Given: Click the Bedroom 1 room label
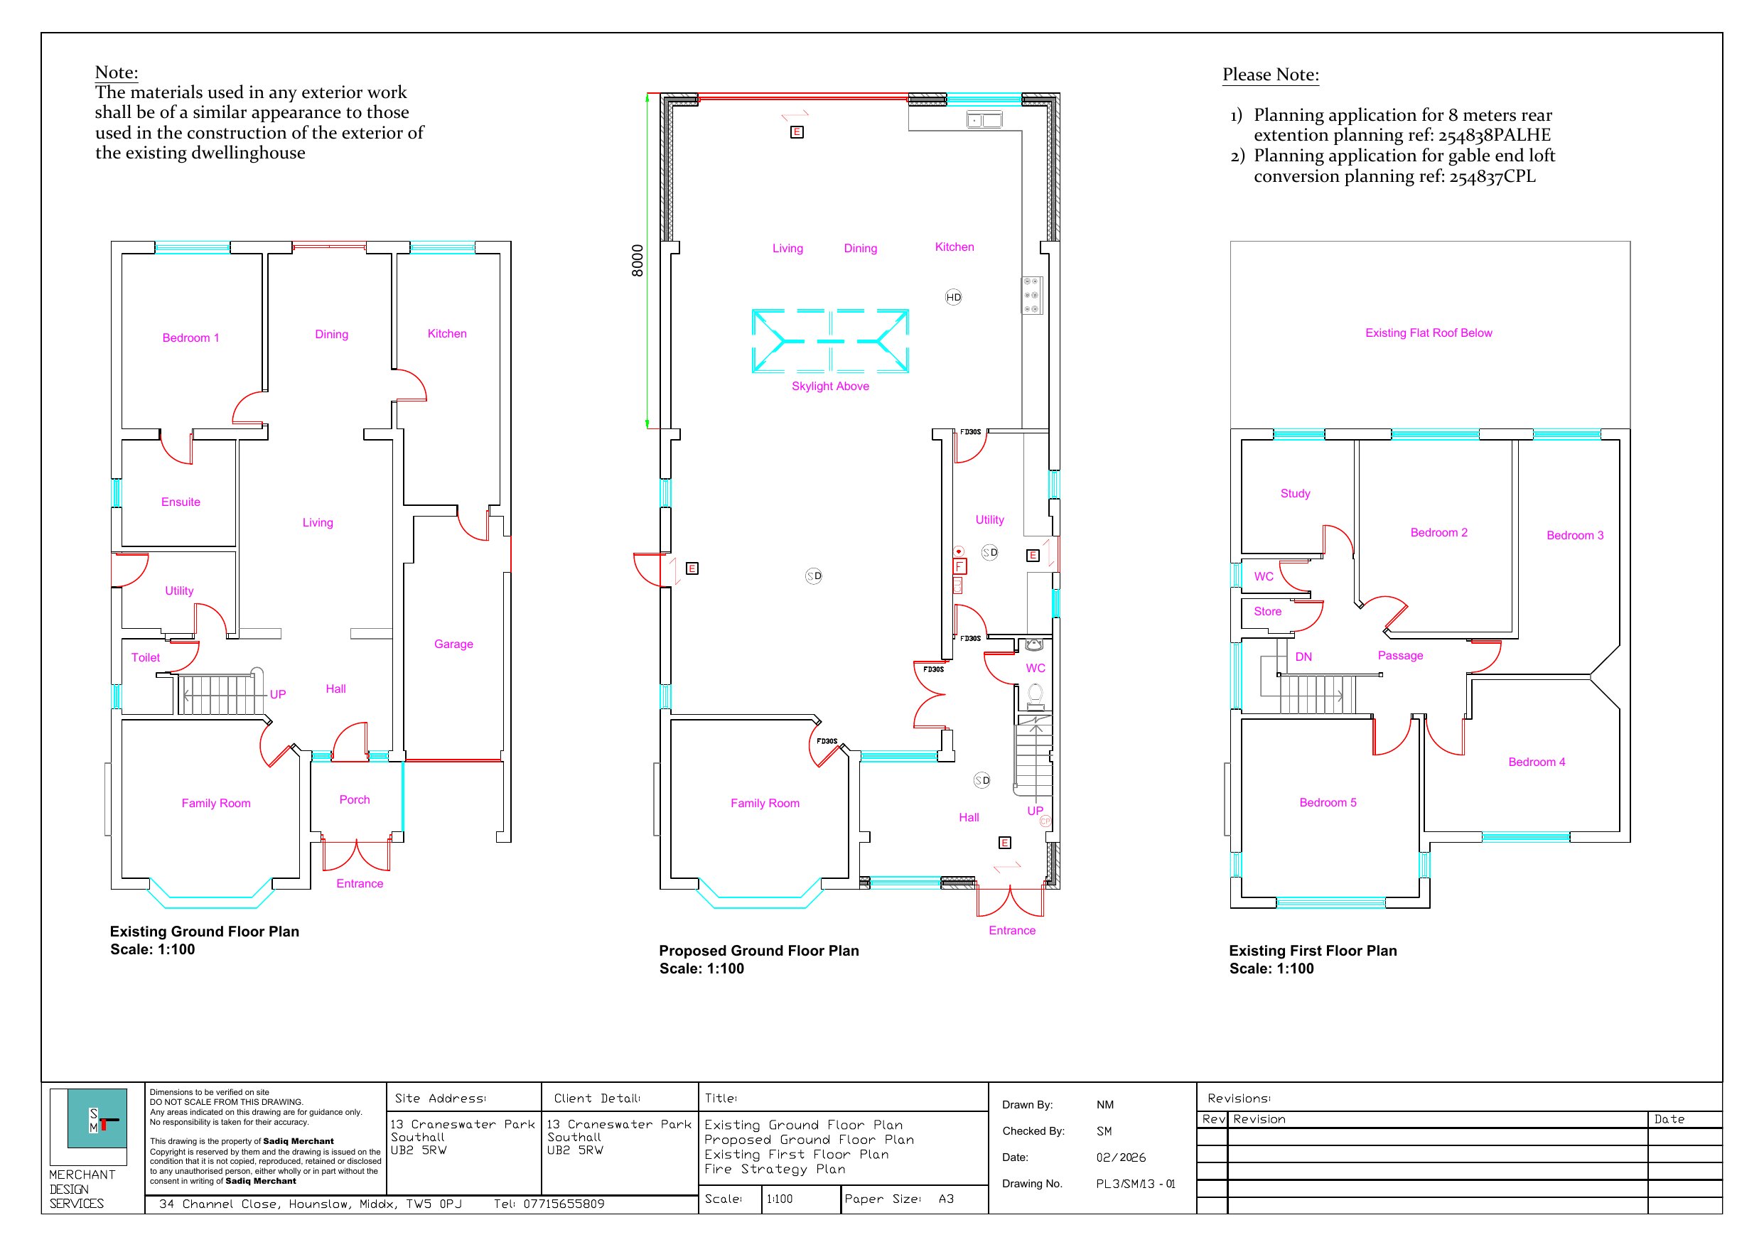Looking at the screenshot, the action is pos(190,338).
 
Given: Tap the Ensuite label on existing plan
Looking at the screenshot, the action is pos(181,502).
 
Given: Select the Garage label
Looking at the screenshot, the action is pos(453,644).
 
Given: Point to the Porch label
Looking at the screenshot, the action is pos(354,800).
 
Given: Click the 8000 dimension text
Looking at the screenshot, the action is pos(637,261).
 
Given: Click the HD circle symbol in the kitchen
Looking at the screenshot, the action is pos(952,297).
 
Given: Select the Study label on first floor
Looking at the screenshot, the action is pos(1296,493).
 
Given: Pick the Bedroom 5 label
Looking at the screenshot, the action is pos(1328,802).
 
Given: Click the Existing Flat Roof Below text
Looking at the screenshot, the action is pos(1429,333).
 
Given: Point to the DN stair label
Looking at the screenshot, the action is pos(1303,657).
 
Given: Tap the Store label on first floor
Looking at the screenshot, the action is pos(1268,612).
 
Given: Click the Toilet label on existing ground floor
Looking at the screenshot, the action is pos(145,658).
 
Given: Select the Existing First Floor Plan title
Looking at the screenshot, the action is pos(1313,951).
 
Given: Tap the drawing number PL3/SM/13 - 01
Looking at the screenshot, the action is pos(1136,1184).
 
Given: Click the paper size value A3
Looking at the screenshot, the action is pos(946,1199).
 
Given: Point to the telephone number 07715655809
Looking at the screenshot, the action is pos(564,1204).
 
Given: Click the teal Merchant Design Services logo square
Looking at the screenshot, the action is pos(97,1118).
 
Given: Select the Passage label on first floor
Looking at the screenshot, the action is pos(1400,655).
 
